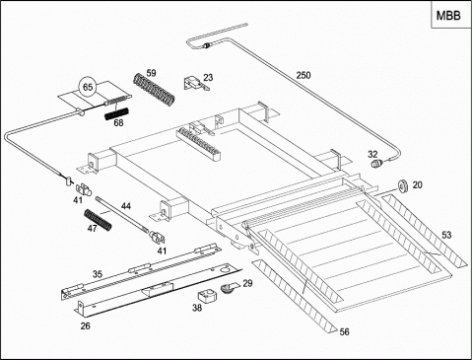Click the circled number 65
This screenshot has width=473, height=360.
(x=88, y=88)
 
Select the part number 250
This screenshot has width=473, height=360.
(x=304, y=75)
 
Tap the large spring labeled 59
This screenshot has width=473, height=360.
(x=154, y=90)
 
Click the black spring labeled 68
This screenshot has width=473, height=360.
(x=116, y=113)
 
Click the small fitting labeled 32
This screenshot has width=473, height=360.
(x=377, y=163)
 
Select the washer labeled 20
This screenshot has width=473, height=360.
(x=403, y=185)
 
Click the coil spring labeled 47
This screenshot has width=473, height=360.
(x=98, y=220)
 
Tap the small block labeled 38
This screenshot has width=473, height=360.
(x=207, y=296)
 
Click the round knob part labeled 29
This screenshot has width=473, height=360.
(x=229, y=288)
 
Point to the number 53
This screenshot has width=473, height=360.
(x=446, y=235)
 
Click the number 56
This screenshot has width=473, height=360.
(x=344, y=331)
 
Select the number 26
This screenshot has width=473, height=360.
(x=86, y=325)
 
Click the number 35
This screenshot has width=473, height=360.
(x=98, y=274)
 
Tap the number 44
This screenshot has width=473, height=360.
(x=126, y=206)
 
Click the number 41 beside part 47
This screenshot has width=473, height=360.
(x=78, y=199)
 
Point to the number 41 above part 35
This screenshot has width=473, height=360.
(x=162, y=251)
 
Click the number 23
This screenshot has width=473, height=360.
(x=208, y=77)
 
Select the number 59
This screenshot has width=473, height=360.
(x=151, y=73)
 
